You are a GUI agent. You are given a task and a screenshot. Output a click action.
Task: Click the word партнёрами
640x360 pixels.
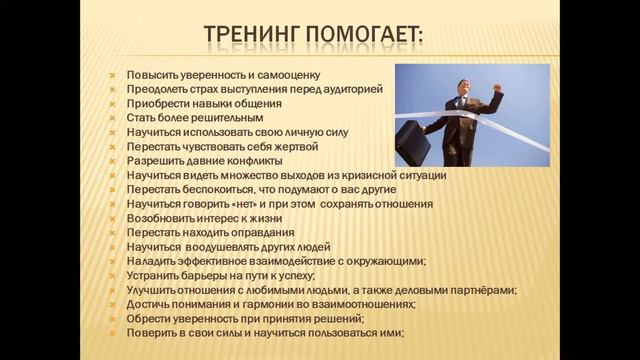[480, 290]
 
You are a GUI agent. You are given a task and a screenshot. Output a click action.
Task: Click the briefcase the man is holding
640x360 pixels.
[412, 143]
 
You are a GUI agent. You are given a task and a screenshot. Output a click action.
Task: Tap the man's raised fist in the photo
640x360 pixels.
[497, 89]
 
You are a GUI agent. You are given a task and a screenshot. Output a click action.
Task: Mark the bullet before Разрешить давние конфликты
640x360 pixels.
[116, 161]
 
